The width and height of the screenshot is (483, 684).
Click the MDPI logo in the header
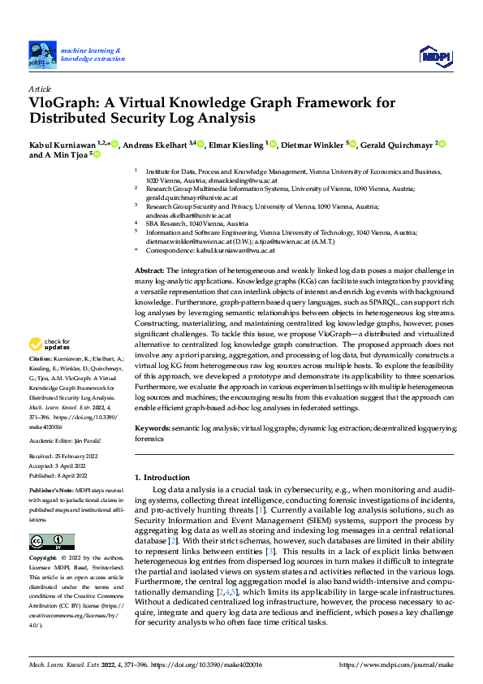click(x=434, y=54)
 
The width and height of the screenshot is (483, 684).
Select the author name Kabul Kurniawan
click(x=62, y=145)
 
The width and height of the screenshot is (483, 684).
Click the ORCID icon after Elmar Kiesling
click(x=274, y=145)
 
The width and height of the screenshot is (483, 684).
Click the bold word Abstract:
click(x=149, y=270)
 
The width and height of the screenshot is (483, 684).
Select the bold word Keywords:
click(x=153, y=427)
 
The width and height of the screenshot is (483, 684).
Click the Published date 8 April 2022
click(x=78, y=475)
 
